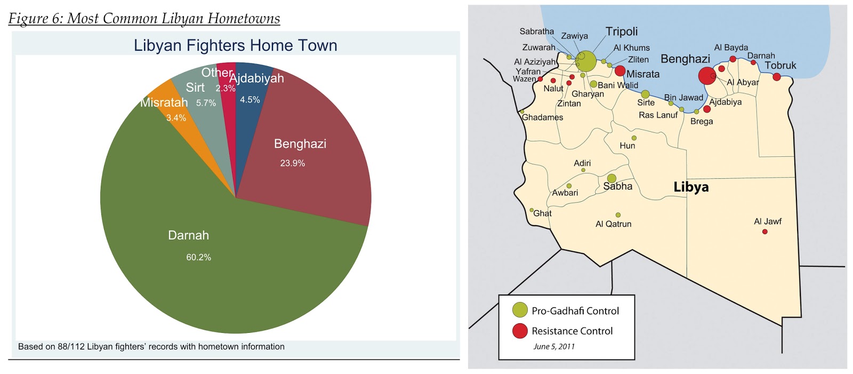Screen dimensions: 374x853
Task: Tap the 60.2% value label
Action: click(198, 257)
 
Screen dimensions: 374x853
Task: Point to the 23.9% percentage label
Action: click(293, 163)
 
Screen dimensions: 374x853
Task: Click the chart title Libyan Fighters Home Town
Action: click(235, 45)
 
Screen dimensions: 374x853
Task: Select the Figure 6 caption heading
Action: click(144, 18)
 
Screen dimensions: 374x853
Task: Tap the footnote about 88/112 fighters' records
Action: click(151, 347)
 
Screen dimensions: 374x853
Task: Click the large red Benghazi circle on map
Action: click(707, 76)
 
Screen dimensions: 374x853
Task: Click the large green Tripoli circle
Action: click(586, 61)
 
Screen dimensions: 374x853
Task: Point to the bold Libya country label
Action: click(691, 187)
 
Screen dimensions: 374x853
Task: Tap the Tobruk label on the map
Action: click(780, 66)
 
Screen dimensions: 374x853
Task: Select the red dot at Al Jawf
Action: click(765, 232)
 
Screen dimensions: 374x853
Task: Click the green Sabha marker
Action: click(611, 178)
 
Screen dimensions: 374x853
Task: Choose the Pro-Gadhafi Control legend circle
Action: click(520, 310)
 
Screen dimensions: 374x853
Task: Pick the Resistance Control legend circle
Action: click(520, 331)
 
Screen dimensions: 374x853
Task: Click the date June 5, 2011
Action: click(554, 347)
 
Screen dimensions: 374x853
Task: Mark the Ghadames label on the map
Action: click(543, 117)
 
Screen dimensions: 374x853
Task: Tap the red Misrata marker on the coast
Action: click(620, 70)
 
